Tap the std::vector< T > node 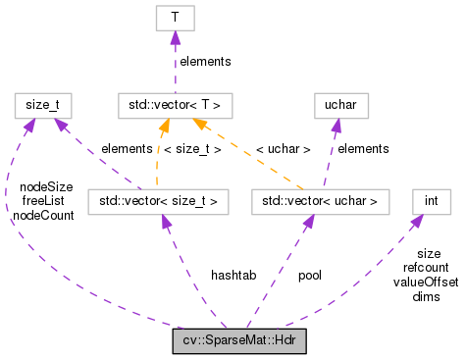pyautogui.click(x=175, y=101)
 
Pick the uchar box pyautogui.click(x=333, y=101)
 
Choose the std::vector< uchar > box pyautogui.click(x=321, y=201)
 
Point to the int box pyautogui.click(x=432, y=201)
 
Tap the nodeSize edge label pyautogui.click(x=45, y=187)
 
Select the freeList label pyautogui.click(x=44, y=201)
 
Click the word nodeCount pyautogui.click(x=43, y=215)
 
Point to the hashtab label pyautogui.click(x=233, y=276)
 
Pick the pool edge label pyautogui.click(x=309, y=276)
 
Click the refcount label pyautogui.click(x=425, y=267)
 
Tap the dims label pyautogui.click(x=426, y=295)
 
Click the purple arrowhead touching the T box pyautogui.click(x=175, y=36)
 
